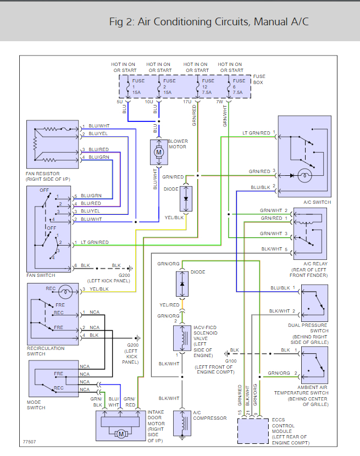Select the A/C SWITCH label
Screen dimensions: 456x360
point(318,202)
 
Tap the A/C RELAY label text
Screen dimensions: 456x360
point(315,264)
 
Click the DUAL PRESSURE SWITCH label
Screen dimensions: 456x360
point(314,327)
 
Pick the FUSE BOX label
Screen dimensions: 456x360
point(258,79)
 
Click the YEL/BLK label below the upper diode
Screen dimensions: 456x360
point(173,218)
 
